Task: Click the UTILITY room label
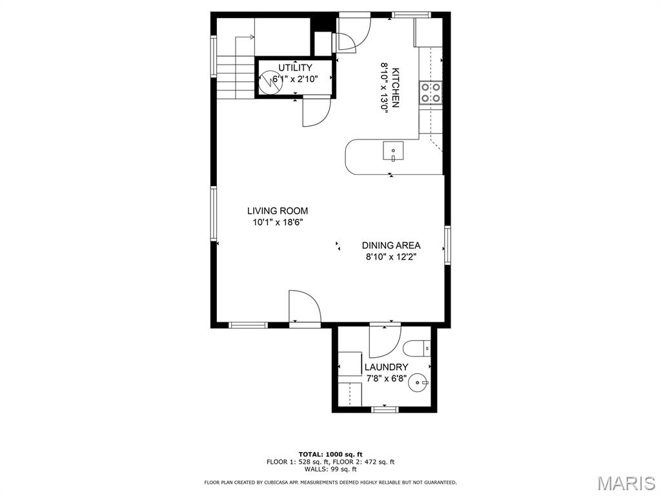tap(295, 67)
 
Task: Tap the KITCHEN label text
tap(396, 88)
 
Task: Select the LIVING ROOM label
tap(278, 211)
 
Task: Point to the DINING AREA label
tap(391, 245)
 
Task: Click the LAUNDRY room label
tap(387, 367)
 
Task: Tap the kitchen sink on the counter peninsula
tap(393, 151)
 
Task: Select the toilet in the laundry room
tap(417, 349)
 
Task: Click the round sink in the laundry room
tap(419, 382)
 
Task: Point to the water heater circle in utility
tap(270, 82)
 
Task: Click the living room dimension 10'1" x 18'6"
tap(278, 223)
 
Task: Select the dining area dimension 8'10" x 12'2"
tap(391, 257)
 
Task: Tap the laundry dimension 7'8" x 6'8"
tap(387, 378)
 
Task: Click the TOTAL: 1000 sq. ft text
tap(330, 454)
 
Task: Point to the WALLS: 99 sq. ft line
tap(330, 469)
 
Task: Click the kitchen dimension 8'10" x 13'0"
tap(384, 88)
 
